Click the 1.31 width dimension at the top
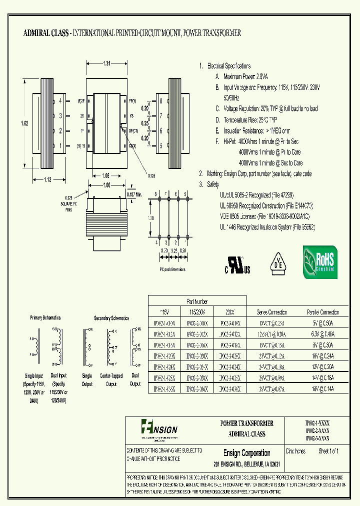(106, 63)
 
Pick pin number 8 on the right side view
(161, 100)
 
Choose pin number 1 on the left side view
(60, 146)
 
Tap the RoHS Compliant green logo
(320, 261)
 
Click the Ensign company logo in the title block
(159, 427)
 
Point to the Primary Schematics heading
(45, 317)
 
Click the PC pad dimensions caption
(172, 269)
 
